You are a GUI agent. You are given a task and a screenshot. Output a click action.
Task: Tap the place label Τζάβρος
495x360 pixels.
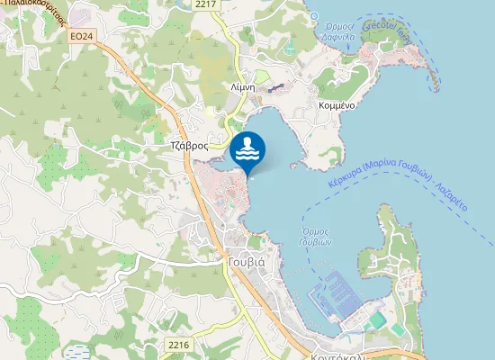pyautogui.click(x=189, y=145)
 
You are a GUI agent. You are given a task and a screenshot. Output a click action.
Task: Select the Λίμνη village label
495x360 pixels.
pyautogui.click(x=244, y=87)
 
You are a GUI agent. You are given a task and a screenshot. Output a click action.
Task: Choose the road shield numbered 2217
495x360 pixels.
pyautogui.click(x=206, y=5)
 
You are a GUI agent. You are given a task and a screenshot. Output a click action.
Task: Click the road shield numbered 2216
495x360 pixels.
pyautogui.click(x=179, y=345)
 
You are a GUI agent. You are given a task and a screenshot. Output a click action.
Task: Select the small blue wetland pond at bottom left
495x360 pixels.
pyautogui.click(x=78, y=352)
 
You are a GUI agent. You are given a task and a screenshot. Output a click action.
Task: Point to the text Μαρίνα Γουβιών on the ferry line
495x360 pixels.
pyautogui.click(x=399, y=175)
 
